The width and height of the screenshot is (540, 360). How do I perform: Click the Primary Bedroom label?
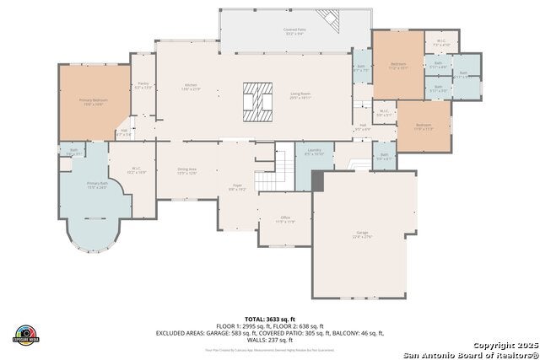(93, 101)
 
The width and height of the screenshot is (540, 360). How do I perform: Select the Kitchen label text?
(191, 86)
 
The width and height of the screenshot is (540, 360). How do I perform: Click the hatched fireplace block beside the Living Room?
(258, 97)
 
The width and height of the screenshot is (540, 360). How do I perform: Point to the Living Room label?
(301, 95)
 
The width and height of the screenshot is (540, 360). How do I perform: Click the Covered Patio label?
(294, 31)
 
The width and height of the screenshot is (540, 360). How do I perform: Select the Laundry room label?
(314, 152)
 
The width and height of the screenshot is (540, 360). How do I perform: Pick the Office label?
(285, 220)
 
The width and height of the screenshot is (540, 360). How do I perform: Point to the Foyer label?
(236, 187)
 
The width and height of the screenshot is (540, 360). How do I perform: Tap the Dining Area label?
(186, 171)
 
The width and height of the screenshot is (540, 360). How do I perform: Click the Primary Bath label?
(97, 185)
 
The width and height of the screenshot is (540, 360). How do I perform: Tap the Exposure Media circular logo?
(26, 335)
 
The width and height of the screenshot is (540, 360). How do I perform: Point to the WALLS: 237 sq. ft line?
(269, 339)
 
